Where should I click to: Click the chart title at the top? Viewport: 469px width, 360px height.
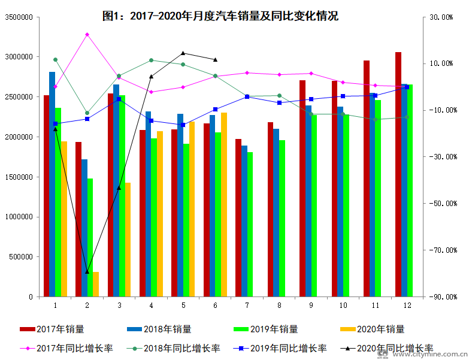point(220,16)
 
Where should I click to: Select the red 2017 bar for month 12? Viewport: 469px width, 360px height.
point(398,174)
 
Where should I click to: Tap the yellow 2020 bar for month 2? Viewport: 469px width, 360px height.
point(96,285)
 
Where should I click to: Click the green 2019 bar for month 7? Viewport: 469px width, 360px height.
point(250,225)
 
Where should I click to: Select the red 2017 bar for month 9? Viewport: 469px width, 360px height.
point(302,188)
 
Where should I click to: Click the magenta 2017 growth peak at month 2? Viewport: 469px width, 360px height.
point(87,35)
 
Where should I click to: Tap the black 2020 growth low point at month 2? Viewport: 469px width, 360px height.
point(87,272)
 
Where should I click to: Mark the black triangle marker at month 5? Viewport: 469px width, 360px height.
point(183,53)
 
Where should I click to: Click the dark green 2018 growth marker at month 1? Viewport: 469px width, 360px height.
point(55,59)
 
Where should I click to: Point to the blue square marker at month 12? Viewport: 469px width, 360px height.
point(407,87)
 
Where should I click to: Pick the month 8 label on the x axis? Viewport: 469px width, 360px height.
point(279,305)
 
